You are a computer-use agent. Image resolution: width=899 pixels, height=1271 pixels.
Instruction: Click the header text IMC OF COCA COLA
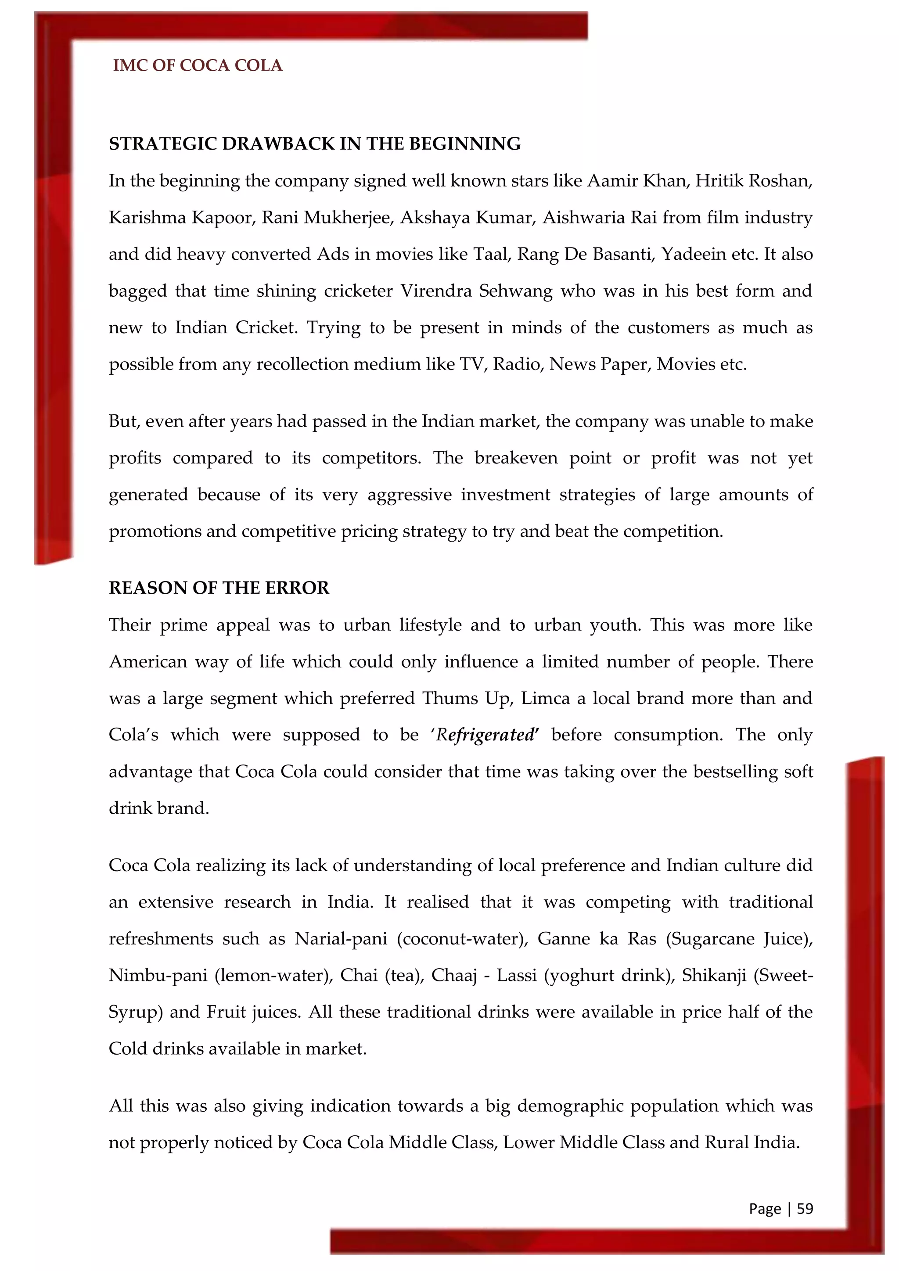click(x=198, y=65)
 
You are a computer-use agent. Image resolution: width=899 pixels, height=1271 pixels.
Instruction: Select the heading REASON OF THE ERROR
click(x=219, y=588)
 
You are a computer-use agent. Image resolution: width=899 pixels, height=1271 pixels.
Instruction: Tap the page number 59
click(x=805, y=1208)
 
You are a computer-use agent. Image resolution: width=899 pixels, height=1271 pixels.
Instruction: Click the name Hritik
click(x=719, y=181)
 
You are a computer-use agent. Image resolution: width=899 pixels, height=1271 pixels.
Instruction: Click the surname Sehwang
click(x=515, y=291)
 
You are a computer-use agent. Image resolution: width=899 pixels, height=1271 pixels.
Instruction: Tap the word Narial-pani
click(x=341, y=938)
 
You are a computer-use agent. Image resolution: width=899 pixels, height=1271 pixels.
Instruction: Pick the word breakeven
click(x=516, y=458)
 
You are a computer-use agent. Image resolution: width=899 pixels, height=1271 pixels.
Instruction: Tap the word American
click(x=148, y=661)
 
